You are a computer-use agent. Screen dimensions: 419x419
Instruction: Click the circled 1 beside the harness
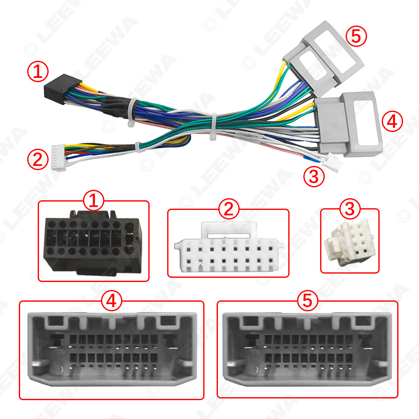38,72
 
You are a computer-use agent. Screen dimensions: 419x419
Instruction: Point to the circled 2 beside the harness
37,160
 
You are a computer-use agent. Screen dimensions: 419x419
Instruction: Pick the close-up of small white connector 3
349,244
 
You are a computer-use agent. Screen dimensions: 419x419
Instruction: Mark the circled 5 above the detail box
308,300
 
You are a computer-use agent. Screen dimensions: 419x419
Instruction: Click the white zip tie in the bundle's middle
214,126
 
